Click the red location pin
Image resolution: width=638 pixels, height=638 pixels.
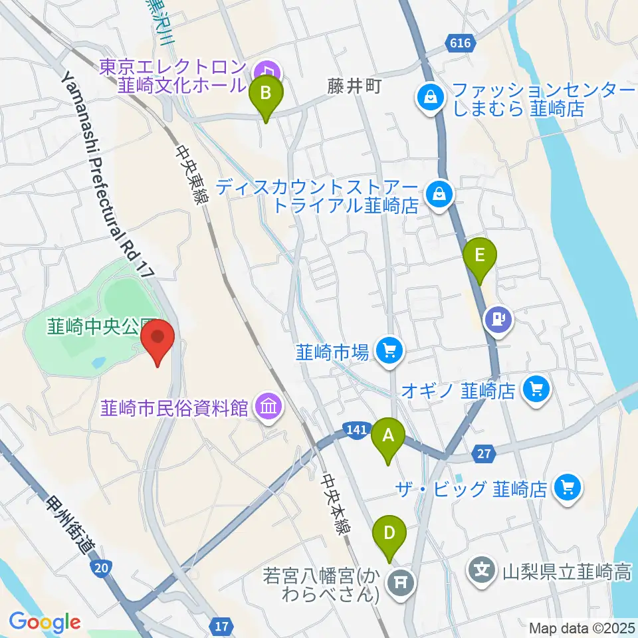click(x=158, y=339)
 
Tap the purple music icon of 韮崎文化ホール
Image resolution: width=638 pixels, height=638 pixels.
click(x=269, y=69)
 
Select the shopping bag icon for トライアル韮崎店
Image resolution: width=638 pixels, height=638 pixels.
click(x=439, y=195)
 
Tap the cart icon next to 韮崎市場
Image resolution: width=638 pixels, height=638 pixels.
click(x=389, y=350)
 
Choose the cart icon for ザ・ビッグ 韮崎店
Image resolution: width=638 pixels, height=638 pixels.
click(x=568, y=488)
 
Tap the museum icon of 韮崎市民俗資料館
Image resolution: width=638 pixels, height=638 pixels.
click(x=269, y=407)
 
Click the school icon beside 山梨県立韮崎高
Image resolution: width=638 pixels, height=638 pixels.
click(x=483, y=570)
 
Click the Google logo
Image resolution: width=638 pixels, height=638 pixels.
click(x=45, y=623)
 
